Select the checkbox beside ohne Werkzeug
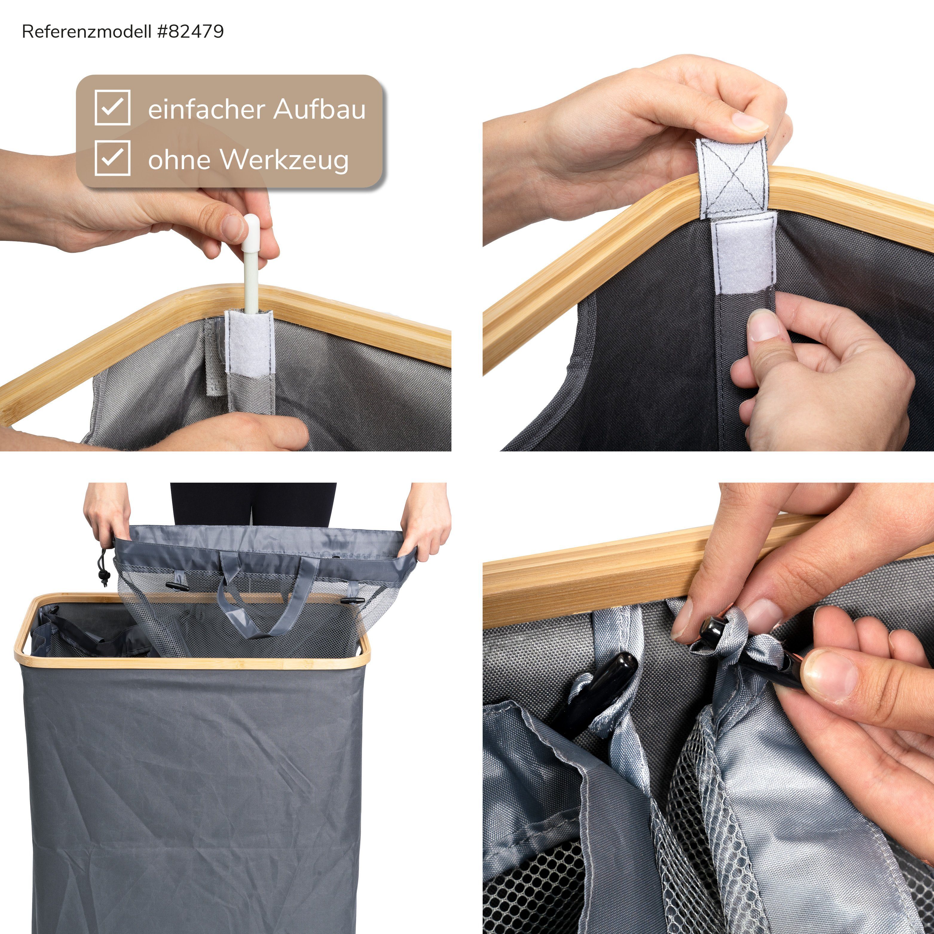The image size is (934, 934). pyautogui.click(x=112, y=158)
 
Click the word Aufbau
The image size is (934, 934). pyautogui.click(x=320, y=109)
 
